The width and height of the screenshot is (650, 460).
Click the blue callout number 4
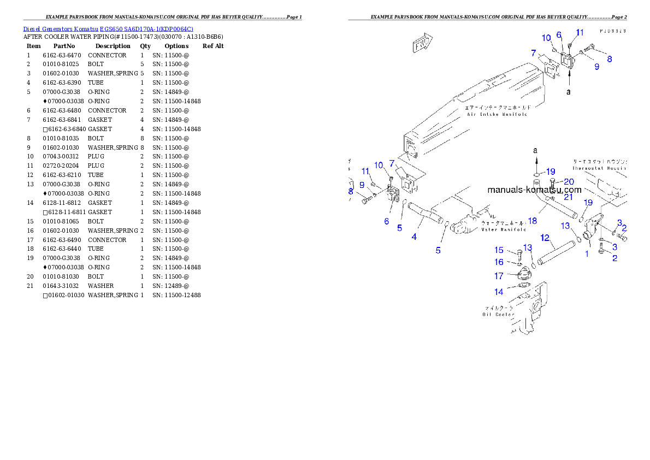tap(415, 237)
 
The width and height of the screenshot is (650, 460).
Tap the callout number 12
tap(545, 238)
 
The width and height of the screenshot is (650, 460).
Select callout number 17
tap(499, 276)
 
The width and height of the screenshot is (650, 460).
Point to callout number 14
tap(499, 292)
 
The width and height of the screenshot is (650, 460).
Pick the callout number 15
tap(499, 250)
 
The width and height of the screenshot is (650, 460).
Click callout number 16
tap(499, 262)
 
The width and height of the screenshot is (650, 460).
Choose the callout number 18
tap(533, 221)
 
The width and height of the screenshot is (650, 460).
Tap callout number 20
tap(569, 181)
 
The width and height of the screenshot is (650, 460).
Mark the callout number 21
tap(569, 197)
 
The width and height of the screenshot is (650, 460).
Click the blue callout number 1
tap(587, 253)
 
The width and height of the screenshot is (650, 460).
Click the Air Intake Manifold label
tap(497, 111)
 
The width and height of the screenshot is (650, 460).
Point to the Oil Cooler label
tap(498, 311)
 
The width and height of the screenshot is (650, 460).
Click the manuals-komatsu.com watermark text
tap(534, 190)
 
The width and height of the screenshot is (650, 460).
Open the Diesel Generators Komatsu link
tap(108, 29)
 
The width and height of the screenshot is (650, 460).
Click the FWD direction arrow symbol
tap(421, 44)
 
